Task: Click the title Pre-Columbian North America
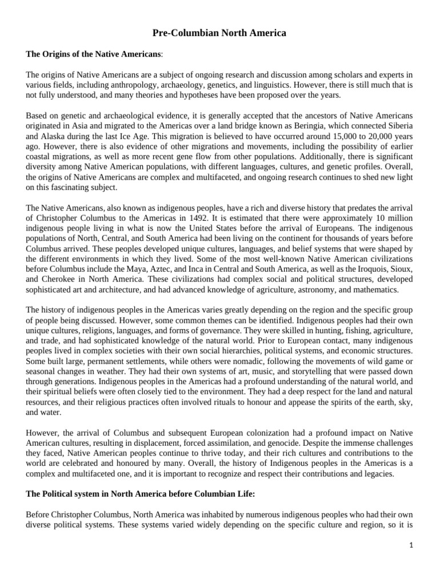[x=219, y=34]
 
